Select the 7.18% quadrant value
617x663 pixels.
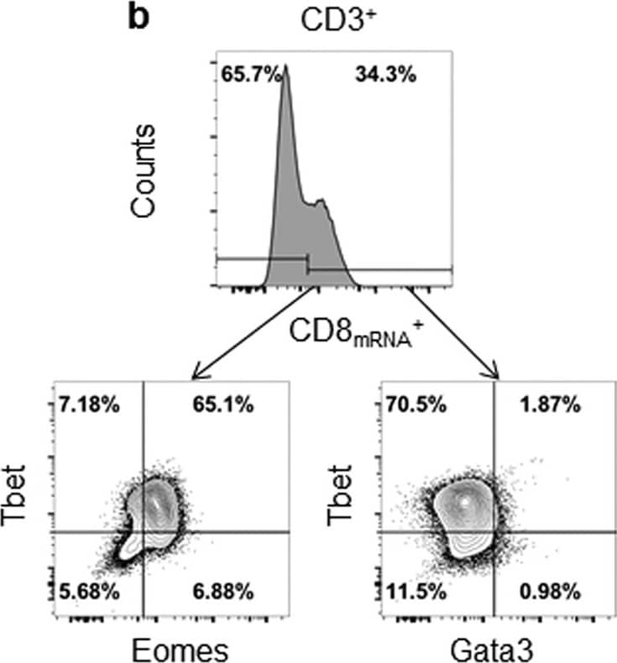point(88,405)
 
